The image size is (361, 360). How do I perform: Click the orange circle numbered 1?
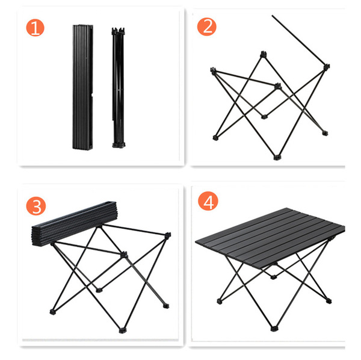tap(35, 28)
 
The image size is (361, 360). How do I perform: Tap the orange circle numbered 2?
tap(207, 26)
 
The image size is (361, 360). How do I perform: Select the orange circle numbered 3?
tap(36, 206)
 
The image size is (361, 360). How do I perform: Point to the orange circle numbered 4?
tap(208, 201)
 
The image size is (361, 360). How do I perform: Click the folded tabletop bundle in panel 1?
tap(83, 87)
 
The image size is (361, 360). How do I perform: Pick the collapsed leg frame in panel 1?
tap(119, 87)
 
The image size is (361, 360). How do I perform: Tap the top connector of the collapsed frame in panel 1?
tap(119, 31)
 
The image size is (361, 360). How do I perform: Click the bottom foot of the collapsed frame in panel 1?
tap(119, 145)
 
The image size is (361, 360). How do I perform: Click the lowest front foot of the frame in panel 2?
tap(277, 158)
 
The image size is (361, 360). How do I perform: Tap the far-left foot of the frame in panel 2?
tap(215, 138)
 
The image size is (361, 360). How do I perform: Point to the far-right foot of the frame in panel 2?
tap(325, 133)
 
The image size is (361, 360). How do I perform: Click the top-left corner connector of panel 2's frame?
tap(214, 70)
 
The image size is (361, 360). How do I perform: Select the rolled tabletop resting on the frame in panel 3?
tap(75, 223)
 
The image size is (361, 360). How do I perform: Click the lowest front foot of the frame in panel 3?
tap(123, 331)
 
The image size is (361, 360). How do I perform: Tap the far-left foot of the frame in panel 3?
tap(53, 312)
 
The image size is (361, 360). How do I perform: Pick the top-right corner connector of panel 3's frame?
tap(168, 235)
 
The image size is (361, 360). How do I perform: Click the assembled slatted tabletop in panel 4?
tap(270, 238)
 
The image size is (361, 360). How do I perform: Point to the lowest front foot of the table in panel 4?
tap(274, 329)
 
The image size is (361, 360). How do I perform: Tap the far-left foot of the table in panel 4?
tap(220, 301)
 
